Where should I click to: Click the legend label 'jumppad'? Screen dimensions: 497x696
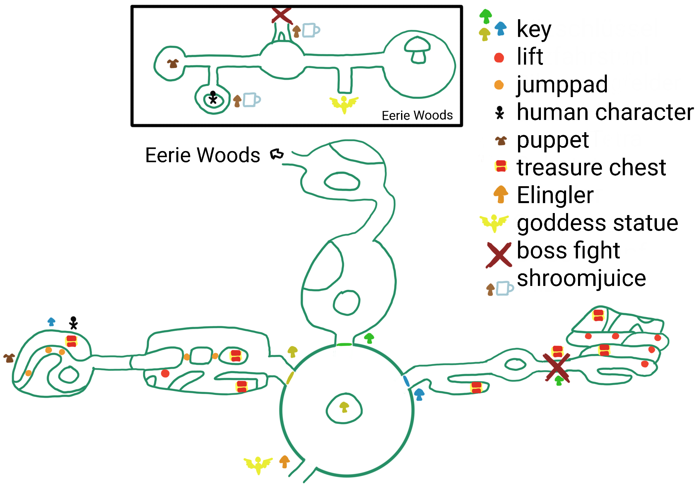pyautogui.click(x=562, y=85)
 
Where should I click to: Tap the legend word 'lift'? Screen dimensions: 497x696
pyautogui.click(x=530, y=57)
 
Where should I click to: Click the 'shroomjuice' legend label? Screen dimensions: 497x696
pyautogui.click(x=581, y=278)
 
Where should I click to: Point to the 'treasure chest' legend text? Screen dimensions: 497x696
pyautogui.click(x=591, y=168)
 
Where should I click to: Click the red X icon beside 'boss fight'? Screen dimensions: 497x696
pyautogui.click(x=499, y=255)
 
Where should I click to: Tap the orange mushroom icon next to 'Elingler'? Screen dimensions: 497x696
pyautogui.click(x=500, y=194)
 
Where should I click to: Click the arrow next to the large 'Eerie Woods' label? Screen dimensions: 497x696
pyautogui.click(x=277, y=154)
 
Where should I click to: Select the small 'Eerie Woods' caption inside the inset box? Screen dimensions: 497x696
pyautogui.click(x=417, y=116)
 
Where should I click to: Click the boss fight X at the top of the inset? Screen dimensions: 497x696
pyautogui.click(x=281, y=15)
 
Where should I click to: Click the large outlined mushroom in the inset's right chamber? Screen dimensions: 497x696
pyautogui.click(x=417, y=50)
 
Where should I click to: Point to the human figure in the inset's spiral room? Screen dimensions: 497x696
pyautogui.click(x=213, y=98)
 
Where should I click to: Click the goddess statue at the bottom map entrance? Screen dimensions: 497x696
pyautogui.click(x=258, y=465)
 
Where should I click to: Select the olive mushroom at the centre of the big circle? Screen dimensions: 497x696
pyautogui.click(x=344, y=407)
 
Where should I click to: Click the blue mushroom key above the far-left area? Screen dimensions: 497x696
pyautogui.click(x=51, y=322)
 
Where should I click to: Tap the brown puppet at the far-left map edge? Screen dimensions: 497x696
pyautogui.click(x=9, y=358)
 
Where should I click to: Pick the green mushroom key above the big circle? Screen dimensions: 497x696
pyautogui.click(x=369, y=338)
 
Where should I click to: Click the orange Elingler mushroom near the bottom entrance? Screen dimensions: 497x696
pyautogui.click(x=284, y=462)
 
